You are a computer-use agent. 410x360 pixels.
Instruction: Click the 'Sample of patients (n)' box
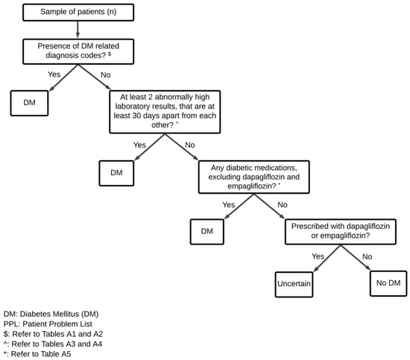pos(79,12)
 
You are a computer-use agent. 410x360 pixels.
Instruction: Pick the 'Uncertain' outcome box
pos(292,283)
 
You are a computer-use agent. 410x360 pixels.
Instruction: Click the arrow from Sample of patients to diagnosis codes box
pos(79,30)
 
